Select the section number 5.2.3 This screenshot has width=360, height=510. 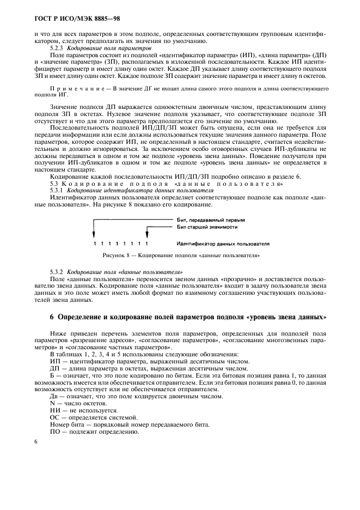point(57,48)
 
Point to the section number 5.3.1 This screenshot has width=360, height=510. point(57,191)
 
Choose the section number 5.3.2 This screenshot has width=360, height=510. point(57,271)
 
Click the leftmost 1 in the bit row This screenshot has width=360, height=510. point(95,244)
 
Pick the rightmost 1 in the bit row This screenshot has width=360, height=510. point(147,244)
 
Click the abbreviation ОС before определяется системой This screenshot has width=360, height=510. point(54,417)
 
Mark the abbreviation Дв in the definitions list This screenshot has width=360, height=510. point(54,396)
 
